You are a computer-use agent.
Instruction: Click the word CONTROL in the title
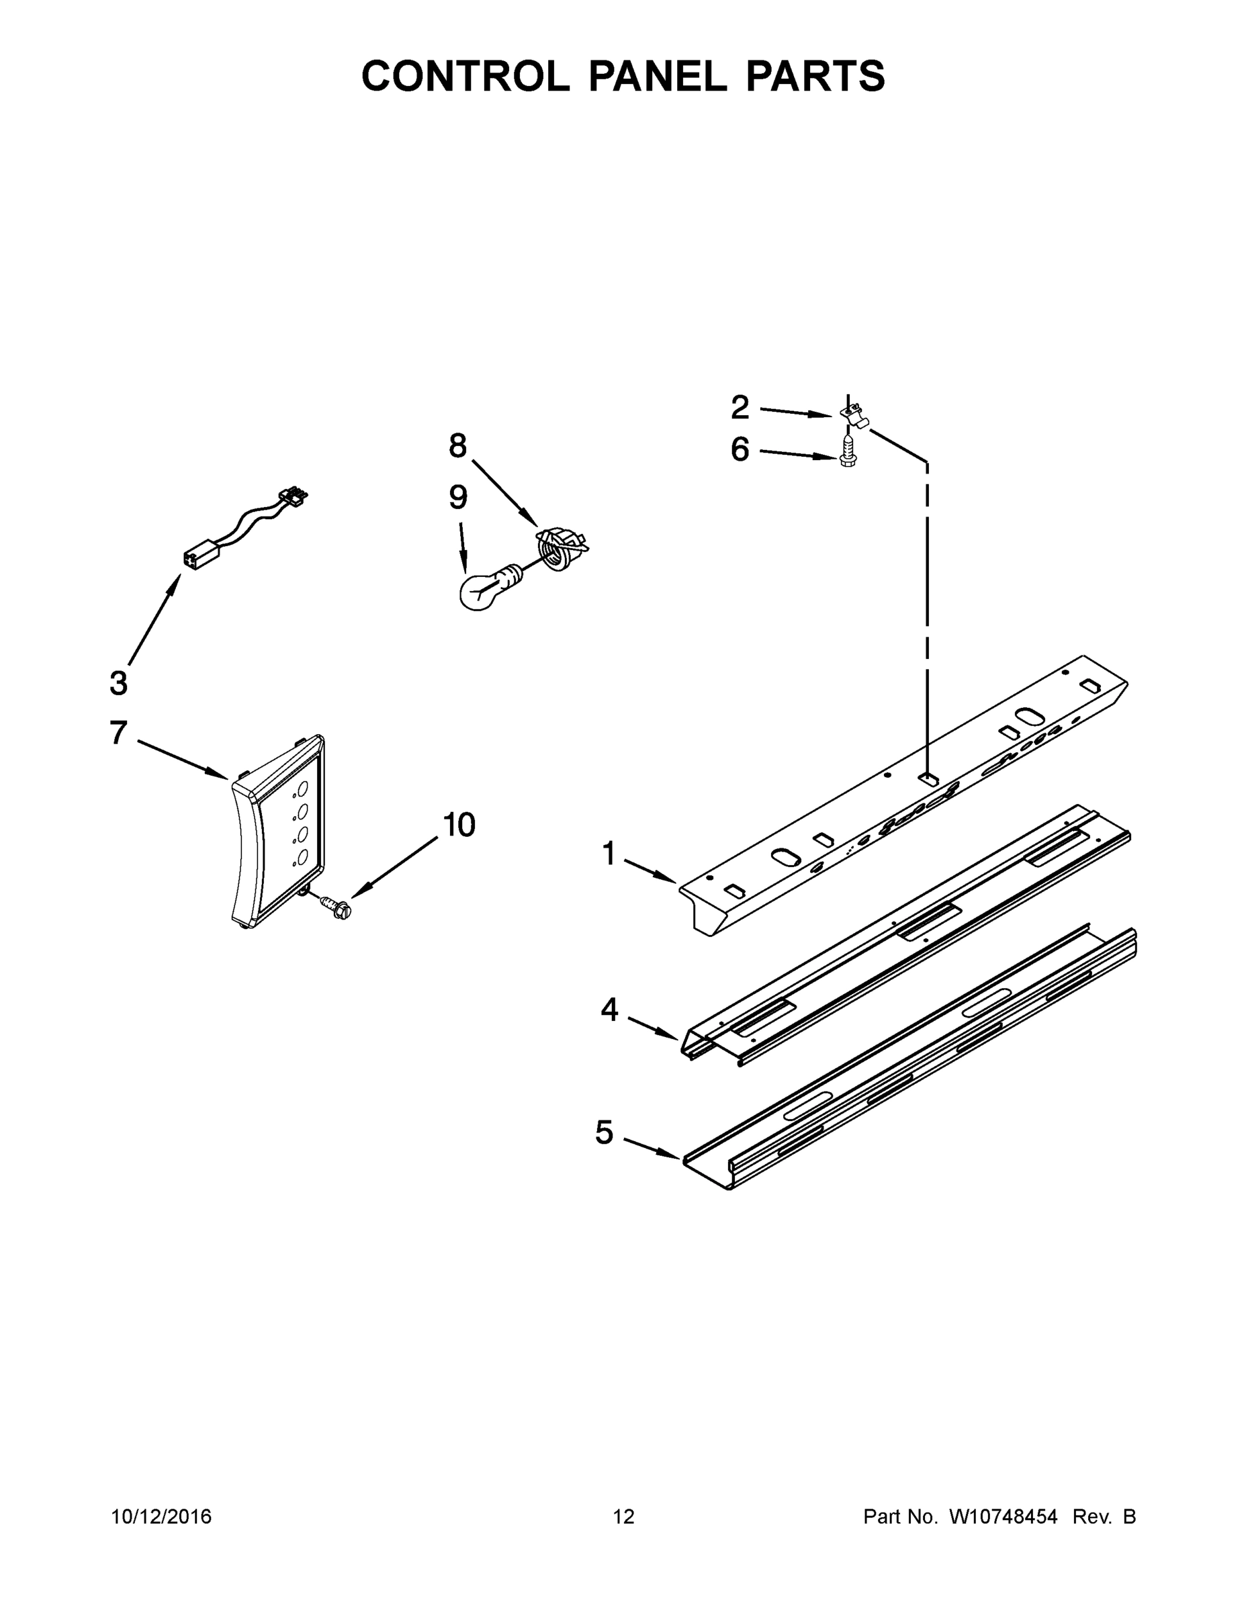465,76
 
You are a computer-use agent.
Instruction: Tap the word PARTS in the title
815,76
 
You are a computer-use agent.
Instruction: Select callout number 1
609,854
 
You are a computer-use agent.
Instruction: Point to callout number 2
740,408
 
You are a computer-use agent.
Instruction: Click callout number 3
118,682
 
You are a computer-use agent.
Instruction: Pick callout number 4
609,1010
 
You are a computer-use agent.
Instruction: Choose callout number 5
604,1132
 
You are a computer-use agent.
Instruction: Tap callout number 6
740,449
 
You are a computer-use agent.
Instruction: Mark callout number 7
118,733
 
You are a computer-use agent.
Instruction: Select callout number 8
457,446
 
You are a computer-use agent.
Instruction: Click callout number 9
457,498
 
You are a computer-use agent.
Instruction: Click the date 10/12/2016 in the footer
161,1516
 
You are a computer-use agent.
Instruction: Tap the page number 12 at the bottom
623,1516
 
